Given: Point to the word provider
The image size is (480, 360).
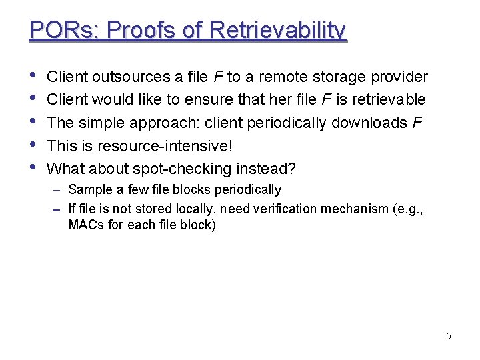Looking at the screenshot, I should pos(399,77).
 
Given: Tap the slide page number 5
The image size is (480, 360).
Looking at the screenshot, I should pos(448,336).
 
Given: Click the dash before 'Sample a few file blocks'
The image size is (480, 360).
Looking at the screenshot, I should pos(58,190).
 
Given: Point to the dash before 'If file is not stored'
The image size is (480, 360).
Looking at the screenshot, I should pos(58,209).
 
